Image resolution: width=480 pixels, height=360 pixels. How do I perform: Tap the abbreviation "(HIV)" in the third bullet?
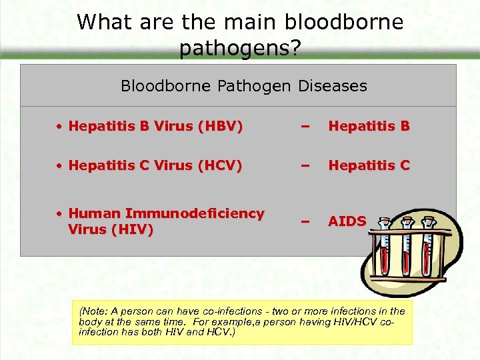133,229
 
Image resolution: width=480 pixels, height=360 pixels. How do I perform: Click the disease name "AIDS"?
347,221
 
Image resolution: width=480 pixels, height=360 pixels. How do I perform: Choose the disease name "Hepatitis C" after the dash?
368,165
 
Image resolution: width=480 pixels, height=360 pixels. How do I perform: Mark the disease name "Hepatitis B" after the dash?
368,126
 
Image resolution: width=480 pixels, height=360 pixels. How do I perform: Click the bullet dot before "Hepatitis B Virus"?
59,126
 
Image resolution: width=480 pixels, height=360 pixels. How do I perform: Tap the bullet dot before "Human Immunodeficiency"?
59,213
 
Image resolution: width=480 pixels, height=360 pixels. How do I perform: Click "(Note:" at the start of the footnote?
92,311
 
